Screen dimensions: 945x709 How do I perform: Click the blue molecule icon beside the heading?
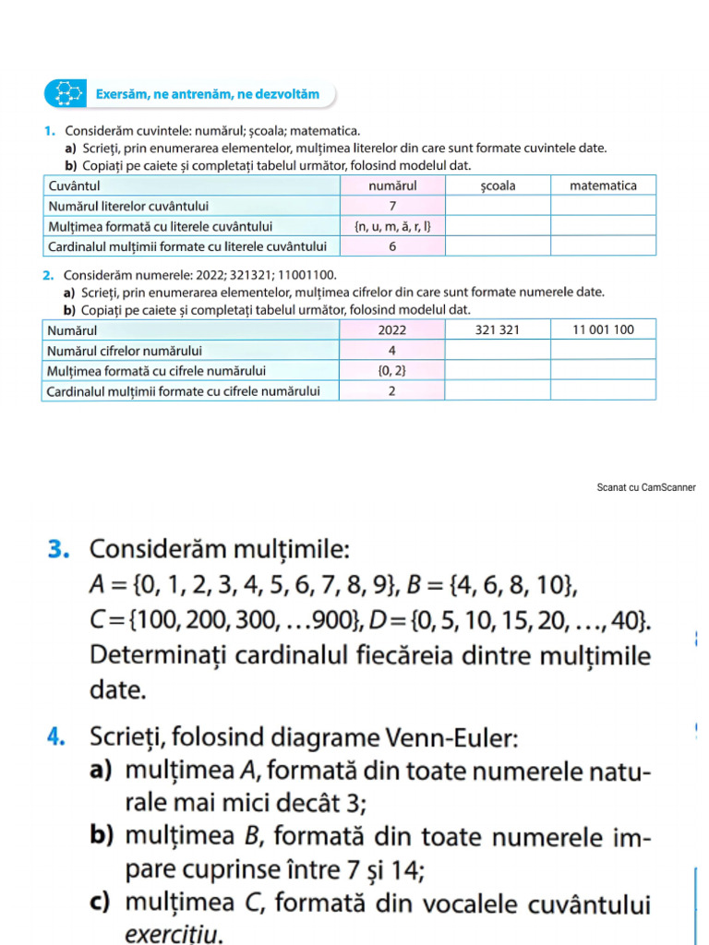(x=66, y=94)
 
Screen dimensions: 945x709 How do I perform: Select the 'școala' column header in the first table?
(x=498, y=185)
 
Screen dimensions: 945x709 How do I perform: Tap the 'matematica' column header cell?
(x=603, y=185)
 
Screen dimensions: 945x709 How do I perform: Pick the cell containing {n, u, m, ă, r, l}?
(x=392, y=226)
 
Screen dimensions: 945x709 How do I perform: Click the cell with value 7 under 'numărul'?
(x=392, y=206)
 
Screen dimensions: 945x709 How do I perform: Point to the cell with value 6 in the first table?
(x=392, y=246)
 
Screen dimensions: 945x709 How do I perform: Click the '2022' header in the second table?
(x=392, y=329)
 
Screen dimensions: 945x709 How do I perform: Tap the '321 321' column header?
(x=498, y=329)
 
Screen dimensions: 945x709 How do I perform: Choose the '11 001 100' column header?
(x=603, y=329)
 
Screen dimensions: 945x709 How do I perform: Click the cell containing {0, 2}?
(x=392, y=371)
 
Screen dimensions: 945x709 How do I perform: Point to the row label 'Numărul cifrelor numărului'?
(x=125, y=351)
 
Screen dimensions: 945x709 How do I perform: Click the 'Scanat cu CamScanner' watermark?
(x=646, y=487)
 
